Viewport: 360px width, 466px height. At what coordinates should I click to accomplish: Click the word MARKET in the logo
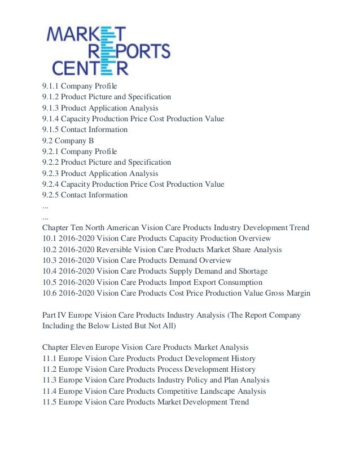coord(82,36)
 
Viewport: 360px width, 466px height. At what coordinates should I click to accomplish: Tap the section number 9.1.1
coord(50,86)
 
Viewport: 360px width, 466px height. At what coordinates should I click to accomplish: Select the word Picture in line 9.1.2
coord(104,97)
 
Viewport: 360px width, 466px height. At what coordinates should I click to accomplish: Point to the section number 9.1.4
coord(50,119)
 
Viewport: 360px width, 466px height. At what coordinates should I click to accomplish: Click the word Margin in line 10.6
coord(296,293)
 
